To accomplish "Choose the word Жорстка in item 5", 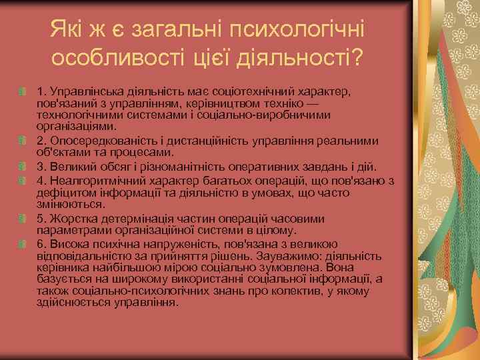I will [x=69, y=219].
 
